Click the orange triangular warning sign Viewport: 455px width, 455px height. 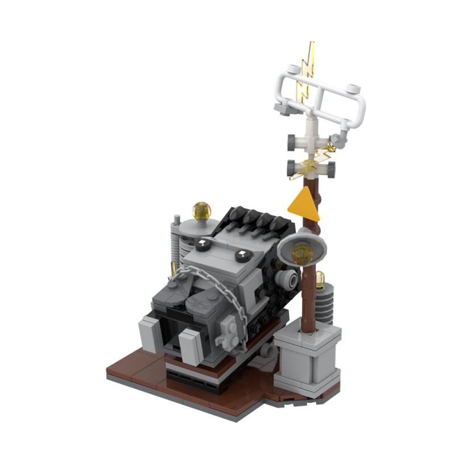tap(303, 204)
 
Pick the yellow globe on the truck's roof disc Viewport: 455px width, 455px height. tap(201, 212)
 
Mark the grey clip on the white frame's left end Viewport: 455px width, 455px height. tap(283, 108)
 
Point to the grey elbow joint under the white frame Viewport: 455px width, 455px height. tap(341, 138)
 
